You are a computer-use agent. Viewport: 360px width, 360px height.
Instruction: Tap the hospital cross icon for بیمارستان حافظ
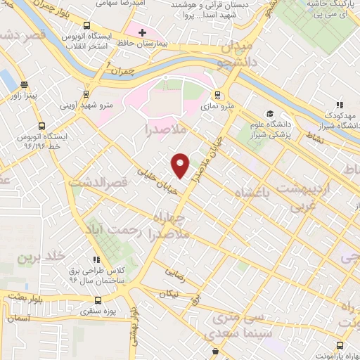(142, 32)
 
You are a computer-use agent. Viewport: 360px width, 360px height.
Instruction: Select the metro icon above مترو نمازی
(217, 94)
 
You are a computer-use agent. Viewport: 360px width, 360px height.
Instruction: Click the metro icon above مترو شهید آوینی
(86, 93)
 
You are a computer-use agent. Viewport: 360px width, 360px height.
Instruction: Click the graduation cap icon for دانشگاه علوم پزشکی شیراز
(270, 114)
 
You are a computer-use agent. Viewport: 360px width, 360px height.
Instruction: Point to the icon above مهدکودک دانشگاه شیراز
(340, 104)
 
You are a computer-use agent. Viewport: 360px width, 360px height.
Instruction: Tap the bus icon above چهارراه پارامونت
(340, 345)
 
